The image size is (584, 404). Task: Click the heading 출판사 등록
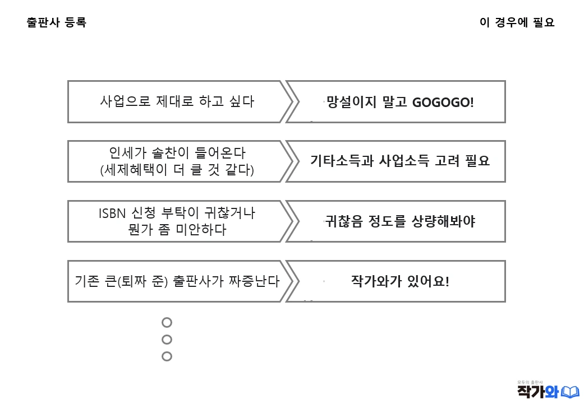pos(56,23)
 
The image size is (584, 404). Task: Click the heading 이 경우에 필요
pos(517,23)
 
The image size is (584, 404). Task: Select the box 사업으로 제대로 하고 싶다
pos(177,102)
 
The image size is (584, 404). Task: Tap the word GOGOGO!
pos(443,103)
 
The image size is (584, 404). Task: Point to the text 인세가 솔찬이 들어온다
pos(177,152)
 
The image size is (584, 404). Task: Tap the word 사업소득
pos(404,161)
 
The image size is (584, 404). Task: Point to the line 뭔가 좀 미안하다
pos(177,230)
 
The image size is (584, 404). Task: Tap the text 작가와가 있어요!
pos(400,281)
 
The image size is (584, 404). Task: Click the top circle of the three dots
pos(167,322)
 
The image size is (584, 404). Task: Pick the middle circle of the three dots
pos(167,339)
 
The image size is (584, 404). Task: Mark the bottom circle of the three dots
pos(167,356)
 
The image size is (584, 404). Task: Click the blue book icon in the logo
pos(570,391)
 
